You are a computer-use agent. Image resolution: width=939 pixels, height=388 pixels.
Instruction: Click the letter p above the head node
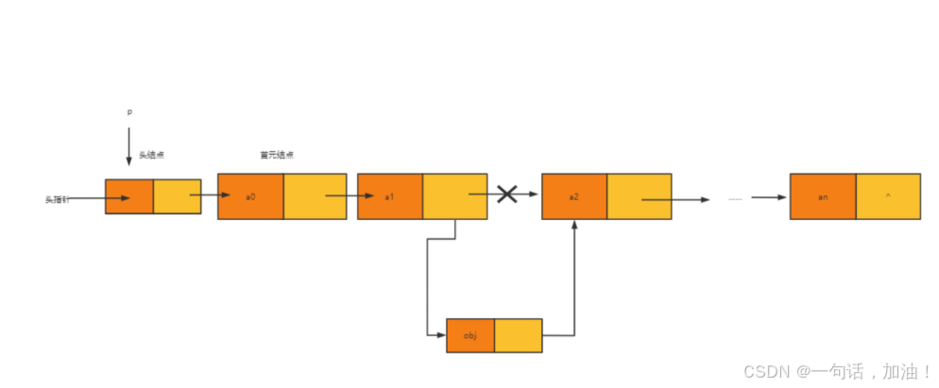(x=130, y=112)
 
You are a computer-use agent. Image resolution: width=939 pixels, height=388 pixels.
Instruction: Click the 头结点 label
(x=152, y=155)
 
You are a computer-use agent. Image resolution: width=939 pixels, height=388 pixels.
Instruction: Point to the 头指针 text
(x=58, y=199)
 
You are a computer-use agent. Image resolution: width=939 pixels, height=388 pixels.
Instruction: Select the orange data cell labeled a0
(x=250, y=196)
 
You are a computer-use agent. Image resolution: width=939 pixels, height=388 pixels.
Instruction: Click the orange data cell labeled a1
(x=390, y=196)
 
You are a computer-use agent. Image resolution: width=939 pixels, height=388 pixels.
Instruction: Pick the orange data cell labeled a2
(x=574, y=196)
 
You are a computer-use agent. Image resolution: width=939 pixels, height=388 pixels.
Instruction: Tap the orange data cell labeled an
(x=823, y=196)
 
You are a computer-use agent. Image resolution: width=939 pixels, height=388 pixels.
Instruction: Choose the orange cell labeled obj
(x=470, y=335)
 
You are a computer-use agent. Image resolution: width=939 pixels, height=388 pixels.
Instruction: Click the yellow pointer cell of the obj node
(x=519, y=335)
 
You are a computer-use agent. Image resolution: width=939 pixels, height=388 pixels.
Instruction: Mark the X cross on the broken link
(x=507, y=194)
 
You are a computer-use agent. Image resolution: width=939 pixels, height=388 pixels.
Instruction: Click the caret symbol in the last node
(x=888, y=196)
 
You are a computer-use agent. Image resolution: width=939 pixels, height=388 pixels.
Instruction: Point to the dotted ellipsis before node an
(x=736, y=199)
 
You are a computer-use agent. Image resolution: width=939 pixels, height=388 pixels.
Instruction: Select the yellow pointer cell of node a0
(x=315, y=196)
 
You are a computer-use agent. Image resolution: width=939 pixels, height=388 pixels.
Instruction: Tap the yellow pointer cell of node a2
(x=639, y=196)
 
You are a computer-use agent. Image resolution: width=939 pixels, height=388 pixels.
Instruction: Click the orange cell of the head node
(x=129, y=196)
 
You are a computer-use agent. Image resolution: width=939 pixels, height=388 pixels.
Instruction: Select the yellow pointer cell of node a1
(x=454, y=196)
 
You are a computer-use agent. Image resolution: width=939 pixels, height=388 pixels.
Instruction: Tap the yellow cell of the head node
(x=177, y=196)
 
